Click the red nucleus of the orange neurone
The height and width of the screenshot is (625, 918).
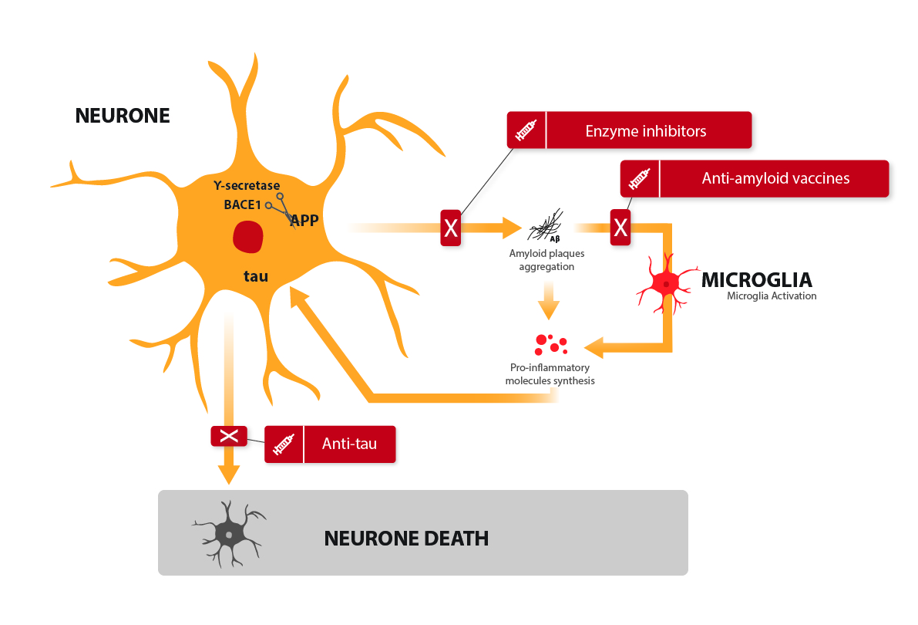click(248, 237)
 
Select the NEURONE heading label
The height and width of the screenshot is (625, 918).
click(123, 116)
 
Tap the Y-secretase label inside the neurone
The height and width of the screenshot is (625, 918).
click(247, 186)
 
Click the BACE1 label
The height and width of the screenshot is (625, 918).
click(242, 204)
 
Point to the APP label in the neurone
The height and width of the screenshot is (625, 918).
click(305, 221)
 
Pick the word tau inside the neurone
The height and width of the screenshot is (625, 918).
click(256, 276)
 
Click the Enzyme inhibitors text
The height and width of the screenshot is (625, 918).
click(646, 130)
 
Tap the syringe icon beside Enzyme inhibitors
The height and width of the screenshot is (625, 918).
click(526, 130)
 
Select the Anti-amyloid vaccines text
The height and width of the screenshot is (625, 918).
click(775, 178)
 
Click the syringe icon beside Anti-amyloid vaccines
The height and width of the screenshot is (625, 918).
click(639, 179)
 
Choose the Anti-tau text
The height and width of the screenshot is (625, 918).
click(349, 444)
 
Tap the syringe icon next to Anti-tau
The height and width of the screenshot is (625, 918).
click(284, 444)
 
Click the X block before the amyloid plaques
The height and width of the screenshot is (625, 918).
click(451, 228)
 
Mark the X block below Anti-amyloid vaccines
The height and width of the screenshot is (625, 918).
click(620, 227)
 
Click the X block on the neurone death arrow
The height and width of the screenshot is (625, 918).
click(229, 436)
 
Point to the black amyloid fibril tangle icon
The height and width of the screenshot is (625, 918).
click(545, 226)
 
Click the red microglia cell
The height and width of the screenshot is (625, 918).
click(666, 284)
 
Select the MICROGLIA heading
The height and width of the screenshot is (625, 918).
click(756, 280)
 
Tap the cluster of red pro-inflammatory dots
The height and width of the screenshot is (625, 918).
click(551, 345)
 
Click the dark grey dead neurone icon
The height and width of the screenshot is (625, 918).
click(229, 534)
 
